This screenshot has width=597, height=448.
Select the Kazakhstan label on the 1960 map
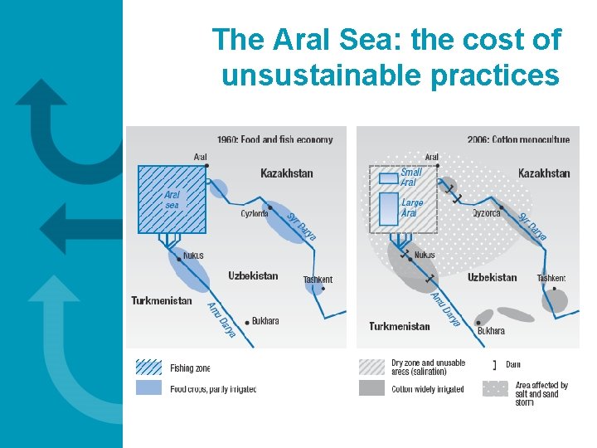coord(287,173)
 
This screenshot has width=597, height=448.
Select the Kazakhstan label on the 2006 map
coord(544,173)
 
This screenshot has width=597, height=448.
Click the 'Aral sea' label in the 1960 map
coord(172,200)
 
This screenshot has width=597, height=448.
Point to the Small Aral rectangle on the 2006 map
coord(388,178)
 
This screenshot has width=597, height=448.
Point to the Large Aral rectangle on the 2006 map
coord(388,209)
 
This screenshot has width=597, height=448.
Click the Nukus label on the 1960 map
coord(192,256)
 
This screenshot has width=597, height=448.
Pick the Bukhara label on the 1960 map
coord(265,320)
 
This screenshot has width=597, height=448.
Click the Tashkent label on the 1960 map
coord(318,280)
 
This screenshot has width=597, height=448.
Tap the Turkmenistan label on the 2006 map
coord(400,326)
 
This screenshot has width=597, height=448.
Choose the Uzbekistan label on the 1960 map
coord(253,275)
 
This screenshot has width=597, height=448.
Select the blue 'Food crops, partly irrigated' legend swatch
coord(148,388)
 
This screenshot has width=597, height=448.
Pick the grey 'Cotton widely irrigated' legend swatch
coord(372,388)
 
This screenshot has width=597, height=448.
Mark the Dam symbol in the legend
coord(495,365)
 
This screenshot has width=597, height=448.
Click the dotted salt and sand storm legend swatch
coord(495,388)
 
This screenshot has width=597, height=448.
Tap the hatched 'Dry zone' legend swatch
coord(372,367)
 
